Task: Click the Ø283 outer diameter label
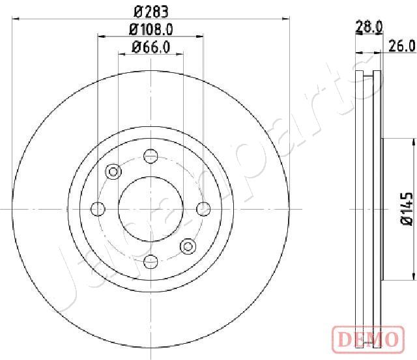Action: [x=151, y=12]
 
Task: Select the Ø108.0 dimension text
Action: [x=151, y=29]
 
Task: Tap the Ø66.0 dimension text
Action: [x=151, y=48]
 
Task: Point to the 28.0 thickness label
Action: [x=369, y=27]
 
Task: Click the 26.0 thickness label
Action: [x=401, y=46]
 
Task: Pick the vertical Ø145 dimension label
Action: [x=407, y=209]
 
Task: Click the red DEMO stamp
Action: [x=368, y=339]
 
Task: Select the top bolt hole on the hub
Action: [x=151, y=156]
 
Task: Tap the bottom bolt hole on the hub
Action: [x=151, y=262]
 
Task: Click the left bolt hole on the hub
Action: [x=98, y=209]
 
